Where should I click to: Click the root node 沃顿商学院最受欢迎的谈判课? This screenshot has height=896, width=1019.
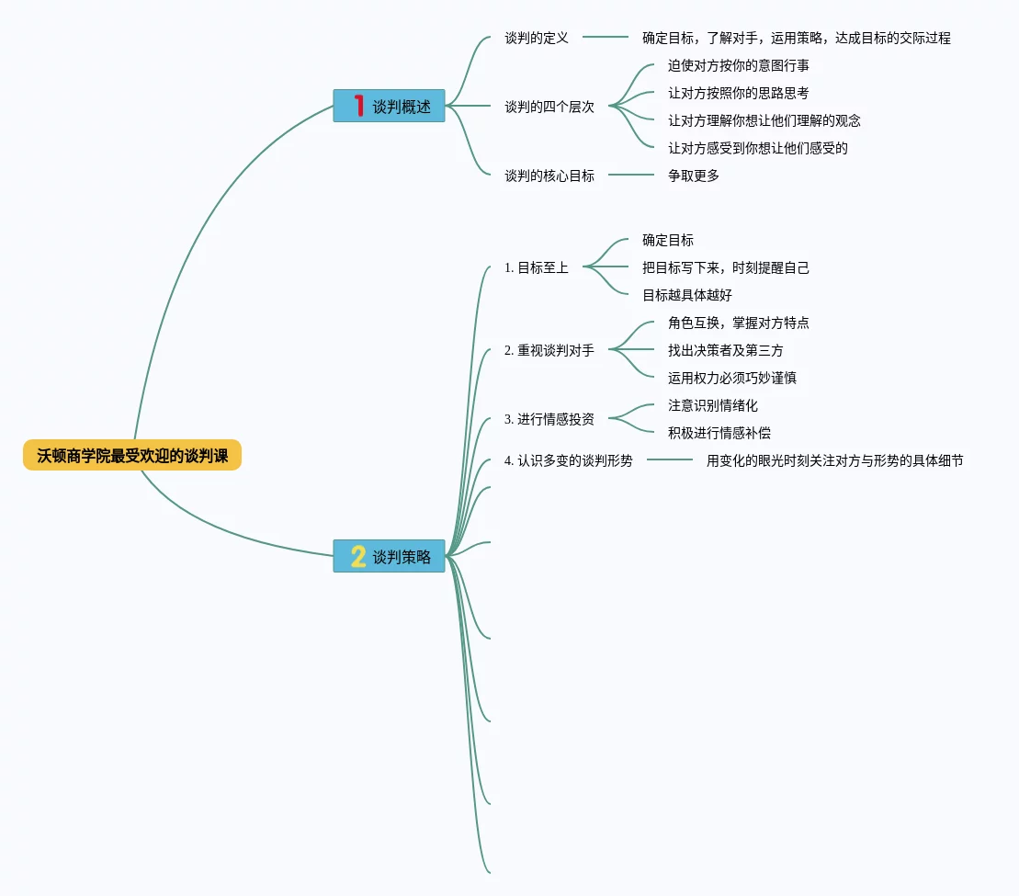[132, 455]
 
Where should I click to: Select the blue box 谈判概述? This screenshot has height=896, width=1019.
[389, 106]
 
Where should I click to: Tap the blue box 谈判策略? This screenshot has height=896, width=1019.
[389, 556]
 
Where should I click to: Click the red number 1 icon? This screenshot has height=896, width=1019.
[359, 106]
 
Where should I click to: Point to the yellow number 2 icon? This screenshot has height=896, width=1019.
[358, 556]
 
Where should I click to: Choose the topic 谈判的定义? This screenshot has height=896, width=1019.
[537, 38]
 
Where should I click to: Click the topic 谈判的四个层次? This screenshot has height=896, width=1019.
[549, 107]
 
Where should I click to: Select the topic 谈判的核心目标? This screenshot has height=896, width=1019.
[549, 176]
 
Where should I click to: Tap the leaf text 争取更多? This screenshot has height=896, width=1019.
[694, 176]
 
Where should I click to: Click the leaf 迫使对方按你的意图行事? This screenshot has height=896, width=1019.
[739, 65]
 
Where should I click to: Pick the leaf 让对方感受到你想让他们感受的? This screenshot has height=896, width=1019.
[758, 148]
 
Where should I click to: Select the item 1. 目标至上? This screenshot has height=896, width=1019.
[537, 267]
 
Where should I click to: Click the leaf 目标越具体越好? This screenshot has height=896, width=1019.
[687, 295]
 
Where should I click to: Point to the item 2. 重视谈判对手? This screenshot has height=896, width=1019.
[549, 350]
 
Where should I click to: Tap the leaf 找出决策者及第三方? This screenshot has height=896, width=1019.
[726, 350]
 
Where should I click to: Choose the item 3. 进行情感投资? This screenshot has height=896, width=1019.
[549, 419]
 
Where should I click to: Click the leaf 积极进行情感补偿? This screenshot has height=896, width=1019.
[713, 433]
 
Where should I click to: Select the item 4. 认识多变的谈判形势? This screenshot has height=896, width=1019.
[569, 460]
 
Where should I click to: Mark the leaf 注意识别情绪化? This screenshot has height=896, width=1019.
[713, 405]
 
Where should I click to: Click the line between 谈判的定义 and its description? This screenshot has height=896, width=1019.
[606, 38]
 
